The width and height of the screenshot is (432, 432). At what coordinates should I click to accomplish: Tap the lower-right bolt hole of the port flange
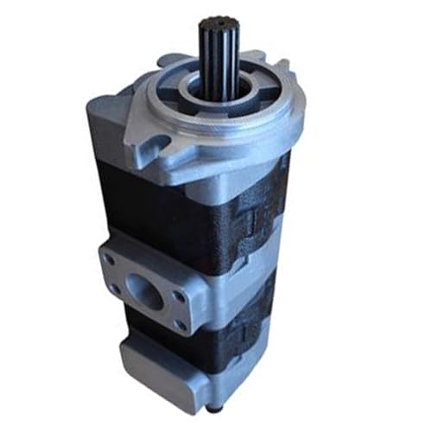181,325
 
